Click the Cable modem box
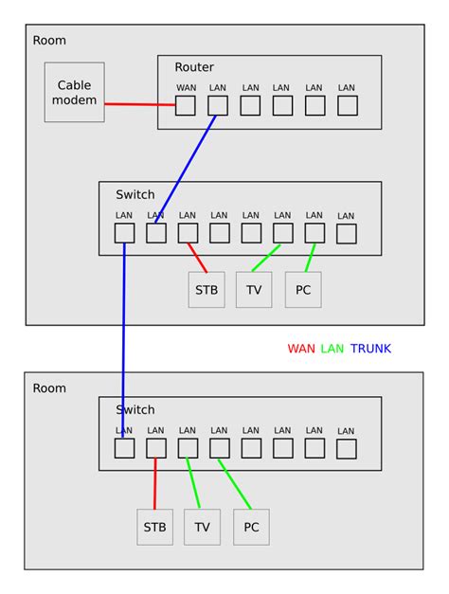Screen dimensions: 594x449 (74, 92)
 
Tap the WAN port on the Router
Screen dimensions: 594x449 (186, 105)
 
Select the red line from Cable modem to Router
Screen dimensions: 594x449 (139, 104)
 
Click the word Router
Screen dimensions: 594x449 (194, 67)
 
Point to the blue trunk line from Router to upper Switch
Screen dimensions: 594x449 (187, 169)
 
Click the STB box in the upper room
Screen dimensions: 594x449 (207, 289)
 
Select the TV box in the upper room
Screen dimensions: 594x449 (254, 289)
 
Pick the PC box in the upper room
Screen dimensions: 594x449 (303, 289)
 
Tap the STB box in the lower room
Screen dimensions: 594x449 (154, 527)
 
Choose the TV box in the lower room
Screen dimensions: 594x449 (202, 527)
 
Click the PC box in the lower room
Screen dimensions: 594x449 (251, 527)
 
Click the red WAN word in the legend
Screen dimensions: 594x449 (302, 349)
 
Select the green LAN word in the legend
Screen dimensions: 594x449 (332, 349)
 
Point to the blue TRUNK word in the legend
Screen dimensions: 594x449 (370, 349)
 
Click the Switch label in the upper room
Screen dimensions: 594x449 (135, 195)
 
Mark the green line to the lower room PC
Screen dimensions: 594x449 (235, 484)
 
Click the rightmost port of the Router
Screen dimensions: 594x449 (347, 105)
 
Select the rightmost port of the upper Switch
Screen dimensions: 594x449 (347, 233)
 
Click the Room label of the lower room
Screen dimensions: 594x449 (49, 388)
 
